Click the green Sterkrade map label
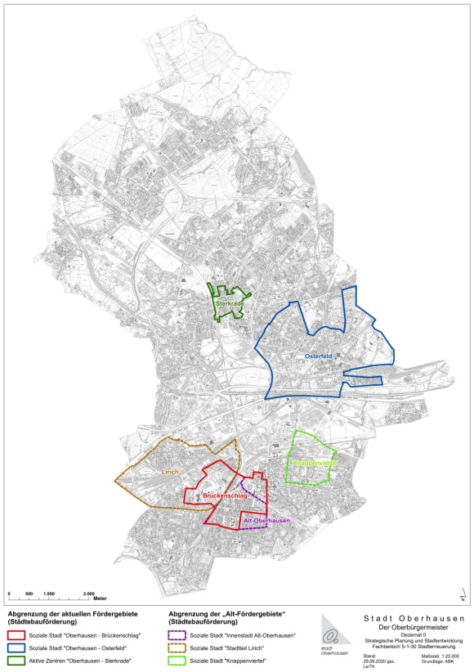pyautogui.click(x=230, y=304)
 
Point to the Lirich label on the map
pyautogui.click(x=170, y=473)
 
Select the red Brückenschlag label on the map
pyautogui.click(x=224, y=496)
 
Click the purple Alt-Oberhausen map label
pyautogui.click(x=266, y=522)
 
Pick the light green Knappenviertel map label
pyautogui.click(x=312, y=464)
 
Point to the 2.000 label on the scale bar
pyautogui.click(x=90, y=594)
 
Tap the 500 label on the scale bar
pyautogui.click(x=29, y=594)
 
